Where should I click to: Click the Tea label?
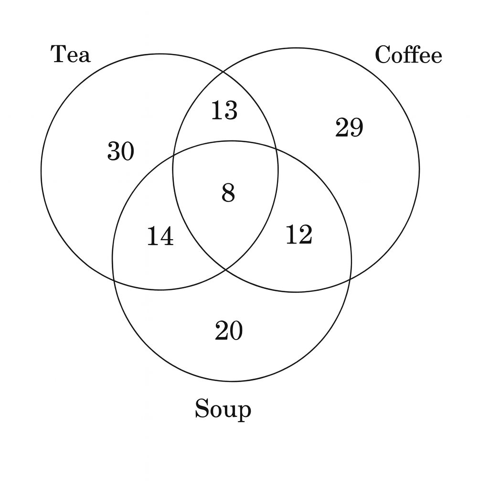pyautogui.click(x=71, y=54)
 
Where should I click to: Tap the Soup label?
pyautogui.click(x=223, y=409)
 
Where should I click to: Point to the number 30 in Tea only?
pyautogui.click(x=121, y=151)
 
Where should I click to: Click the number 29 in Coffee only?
pyautogui.click(x=349, y=127)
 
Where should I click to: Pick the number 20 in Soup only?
pyautogui.click(x=229, y=330)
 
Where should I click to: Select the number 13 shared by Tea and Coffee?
pyautogui.click(x=224, y=110)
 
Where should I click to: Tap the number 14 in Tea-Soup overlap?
pyautogui.click(x=160, y=236)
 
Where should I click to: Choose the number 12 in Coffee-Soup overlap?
pyautogui.click(x=299, y=234)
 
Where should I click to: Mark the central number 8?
pyautogui.click(x=228, y=193)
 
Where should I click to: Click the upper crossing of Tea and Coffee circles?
pyautogui.click(x=223, y=72)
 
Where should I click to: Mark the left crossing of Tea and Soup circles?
pyautogui.click(x=114, y=280)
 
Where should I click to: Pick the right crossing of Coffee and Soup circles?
pyautogui.click(x=351, y=278)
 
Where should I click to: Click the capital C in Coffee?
pyautogui.click(x=383, y=54)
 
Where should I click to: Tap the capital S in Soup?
pyautogui.click(x=202, y=408)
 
